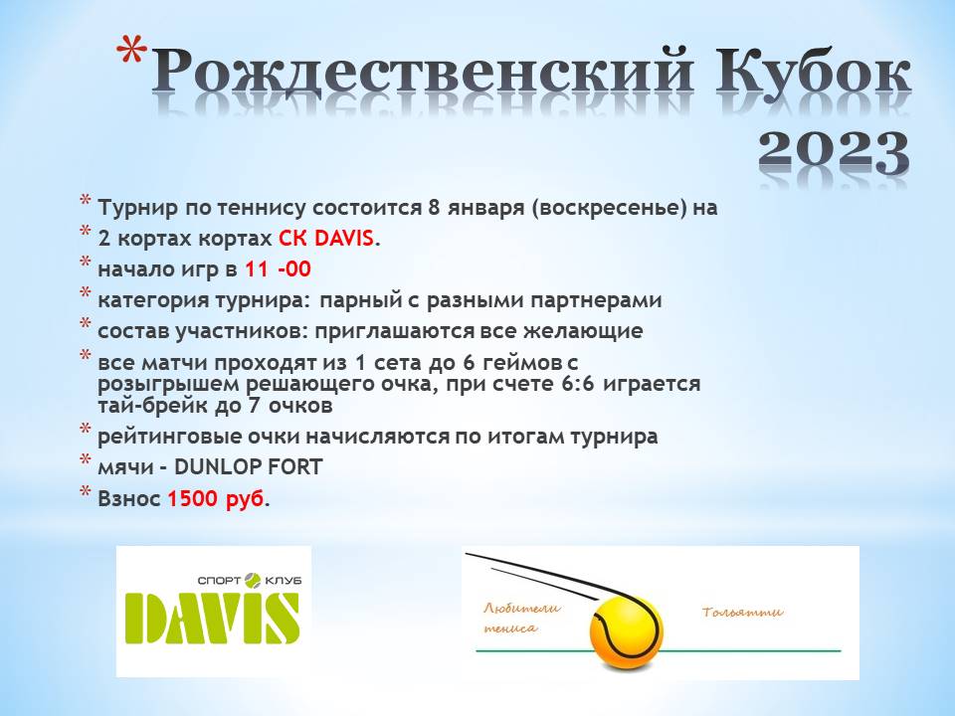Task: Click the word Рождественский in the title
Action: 422,77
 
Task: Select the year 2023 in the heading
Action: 835,151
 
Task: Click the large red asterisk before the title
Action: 131,53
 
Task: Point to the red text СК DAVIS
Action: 326,239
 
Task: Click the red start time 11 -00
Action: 278,269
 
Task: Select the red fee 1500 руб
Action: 216,499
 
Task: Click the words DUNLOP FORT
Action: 249,467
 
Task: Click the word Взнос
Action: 129,498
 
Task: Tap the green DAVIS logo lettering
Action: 213,618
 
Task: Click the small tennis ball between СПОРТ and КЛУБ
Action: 252,580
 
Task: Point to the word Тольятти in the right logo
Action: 742,612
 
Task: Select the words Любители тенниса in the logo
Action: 521,618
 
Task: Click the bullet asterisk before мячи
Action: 86,460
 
